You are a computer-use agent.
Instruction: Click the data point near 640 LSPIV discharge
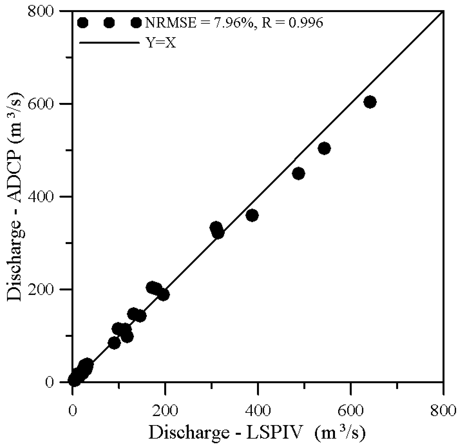(370, 102)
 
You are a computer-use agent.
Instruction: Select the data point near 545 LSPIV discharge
(324, 149)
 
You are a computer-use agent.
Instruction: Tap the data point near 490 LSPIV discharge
(298, 174)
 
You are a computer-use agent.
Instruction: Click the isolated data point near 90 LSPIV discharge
(114, 343)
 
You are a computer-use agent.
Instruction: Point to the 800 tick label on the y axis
(42, 11)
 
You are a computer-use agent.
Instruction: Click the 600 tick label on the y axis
(42, 104)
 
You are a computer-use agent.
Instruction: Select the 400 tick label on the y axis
(42, 197)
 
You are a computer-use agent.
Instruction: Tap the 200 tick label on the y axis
(42, 289)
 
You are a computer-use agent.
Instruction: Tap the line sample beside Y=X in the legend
(109, 43)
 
